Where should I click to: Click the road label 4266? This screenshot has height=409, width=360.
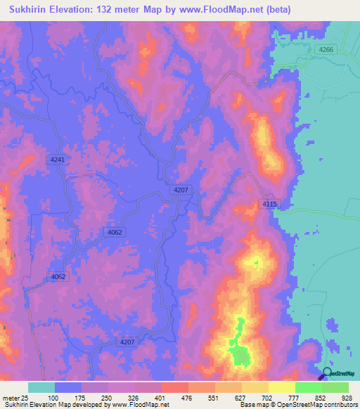326,49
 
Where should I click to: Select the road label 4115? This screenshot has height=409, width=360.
271,204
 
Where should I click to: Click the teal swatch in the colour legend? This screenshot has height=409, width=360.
41,387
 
